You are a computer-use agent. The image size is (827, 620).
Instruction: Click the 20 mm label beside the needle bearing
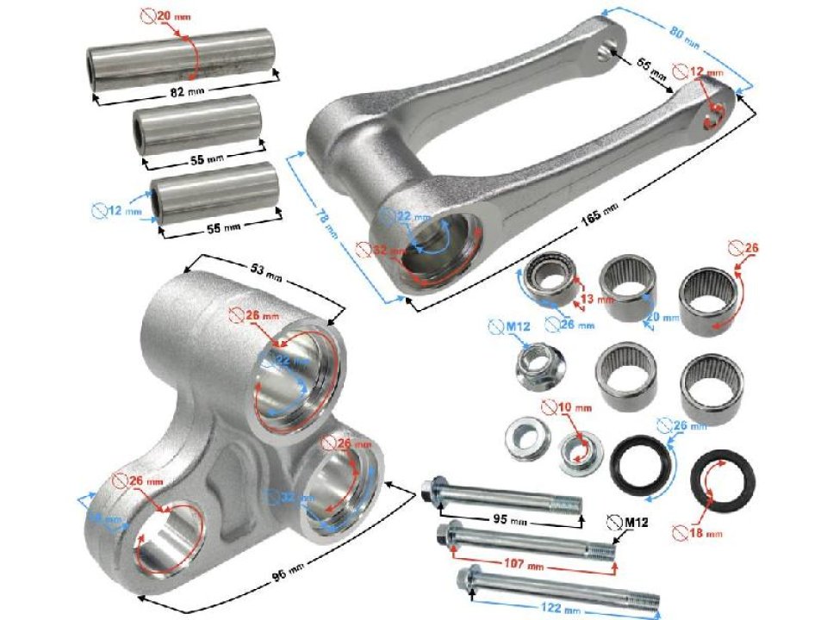click(656, 317)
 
